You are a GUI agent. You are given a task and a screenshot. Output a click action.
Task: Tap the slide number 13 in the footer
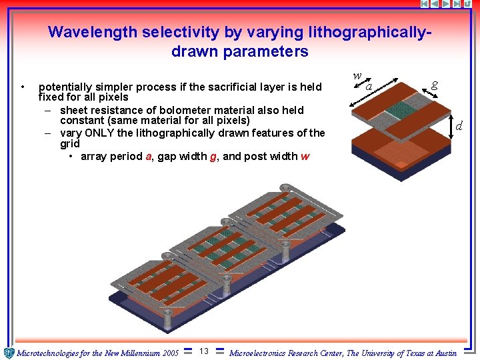click(204, 351)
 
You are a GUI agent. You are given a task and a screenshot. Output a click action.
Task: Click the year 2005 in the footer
click(171, 353)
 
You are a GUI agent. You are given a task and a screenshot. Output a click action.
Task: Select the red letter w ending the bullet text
click(305, 157)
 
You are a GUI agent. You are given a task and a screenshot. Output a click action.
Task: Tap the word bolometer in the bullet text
click(163, 110)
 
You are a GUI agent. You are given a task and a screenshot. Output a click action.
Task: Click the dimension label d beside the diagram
click(459, 125)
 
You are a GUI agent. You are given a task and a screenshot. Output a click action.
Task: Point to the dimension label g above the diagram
click(434, 84)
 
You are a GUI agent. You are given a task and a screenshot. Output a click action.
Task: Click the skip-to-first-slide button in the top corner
click(424, 4)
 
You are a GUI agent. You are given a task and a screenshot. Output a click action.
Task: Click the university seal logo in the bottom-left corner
click(9, 353)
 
